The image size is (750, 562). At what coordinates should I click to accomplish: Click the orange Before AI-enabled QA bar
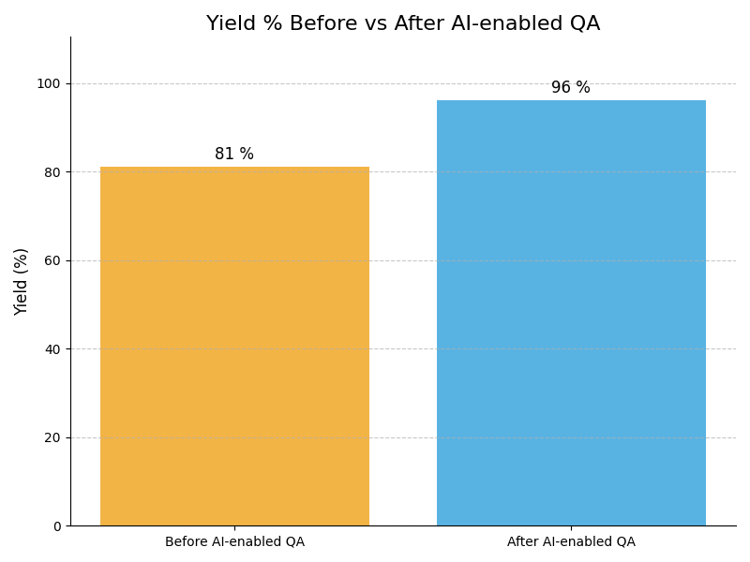coord(234,347)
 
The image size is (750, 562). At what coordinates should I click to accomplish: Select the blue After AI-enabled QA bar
coord(571,313)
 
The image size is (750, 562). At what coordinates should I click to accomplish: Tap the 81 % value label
coord(234,155)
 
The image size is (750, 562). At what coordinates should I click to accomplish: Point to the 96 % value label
coord(571,88)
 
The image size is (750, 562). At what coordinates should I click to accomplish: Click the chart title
coord(403,24)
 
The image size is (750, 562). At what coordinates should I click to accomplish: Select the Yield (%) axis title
coord(22,281)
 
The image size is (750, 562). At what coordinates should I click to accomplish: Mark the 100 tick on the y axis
coord(48,83)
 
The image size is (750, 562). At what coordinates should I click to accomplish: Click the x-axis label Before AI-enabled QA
coord(234,542)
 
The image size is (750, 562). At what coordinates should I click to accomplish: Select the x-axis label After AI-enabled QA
coord(571,542)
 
